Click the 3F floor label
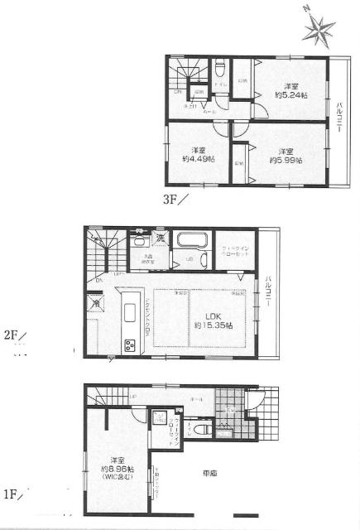175,198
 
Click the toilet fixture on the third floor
220,67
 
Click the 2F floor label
12,335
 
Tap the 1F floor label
12,495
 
